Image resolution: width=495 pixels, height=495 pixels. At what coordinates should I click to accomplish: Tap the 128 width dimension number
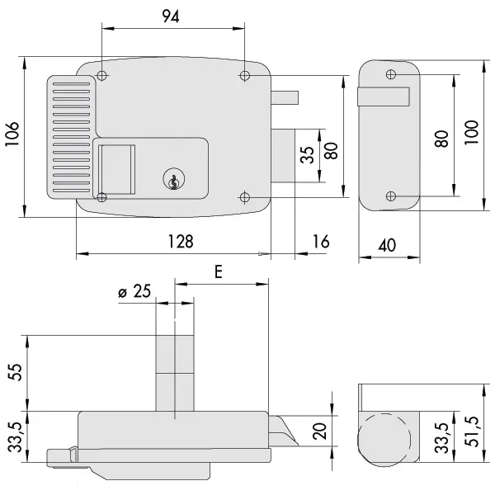point(180,241)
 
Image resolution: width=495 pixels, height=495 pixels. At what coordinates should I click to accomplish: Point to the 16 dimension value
point(322,241)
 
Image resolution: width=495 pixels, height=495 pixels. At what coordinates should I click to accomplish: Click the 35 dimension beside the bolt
point(307,155)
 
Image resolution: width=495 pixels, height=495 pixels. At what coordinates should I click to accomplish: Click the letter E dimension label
point(218,271)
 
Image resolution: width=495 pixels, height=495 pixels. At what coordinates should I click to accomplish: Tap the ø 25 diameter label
point(136,291)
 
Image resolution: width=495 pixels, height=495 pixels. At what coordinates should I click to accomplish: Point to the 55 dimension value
point(15,371)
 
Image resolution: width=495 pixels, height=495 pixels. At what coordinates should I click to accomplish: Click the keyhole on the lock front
point(172,180)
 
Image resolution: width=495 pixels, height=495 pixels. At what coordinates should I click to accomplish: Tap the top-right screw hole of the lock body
point(245,76)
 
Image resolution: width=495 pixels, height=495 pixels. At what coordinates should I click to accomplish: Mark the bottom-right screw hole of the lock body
point(245,196)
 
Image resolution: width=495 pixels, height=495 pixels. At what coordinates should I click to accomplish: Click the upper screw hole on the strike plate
point(390,74)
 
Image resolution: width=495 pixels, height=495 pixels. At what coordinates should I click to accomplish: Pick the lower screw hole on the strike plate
point(391,196)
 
